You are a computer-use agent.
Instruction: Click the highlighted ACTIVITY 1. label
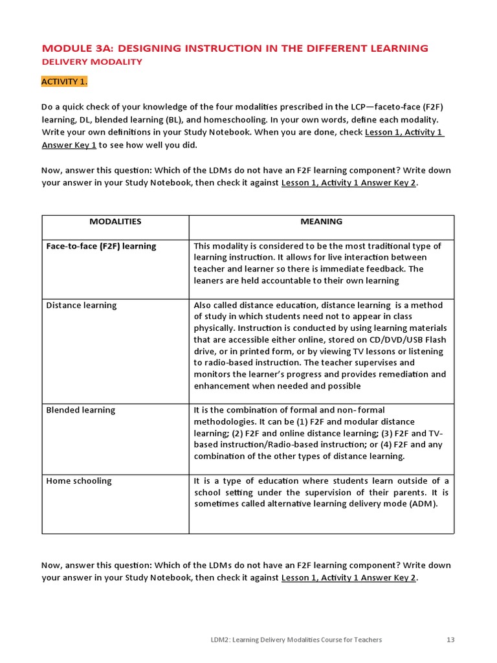click(64, 82)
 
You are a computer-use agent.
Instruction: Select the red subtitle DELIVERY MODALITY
click(92, 62)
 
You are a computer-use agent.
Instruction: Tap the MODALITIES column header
click(115, 221)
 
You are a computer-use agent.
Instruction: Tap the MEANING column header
click(321, 221)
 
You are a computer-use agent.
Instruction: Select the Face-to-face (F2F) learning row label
click(101, 246)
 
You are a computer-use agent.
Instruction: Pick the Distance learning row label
click(82, 305)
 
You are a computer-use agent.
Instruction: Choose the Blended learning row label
click(80, 410)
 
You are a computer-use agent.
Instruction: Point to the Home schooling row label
click(79, 481)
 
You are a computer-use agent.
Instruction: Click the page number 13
click(450, 640)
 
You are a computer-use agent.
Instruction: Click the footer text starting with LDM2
click(291, 640)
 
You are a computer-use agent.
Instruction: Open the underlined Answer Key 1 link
click(69, 145)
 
